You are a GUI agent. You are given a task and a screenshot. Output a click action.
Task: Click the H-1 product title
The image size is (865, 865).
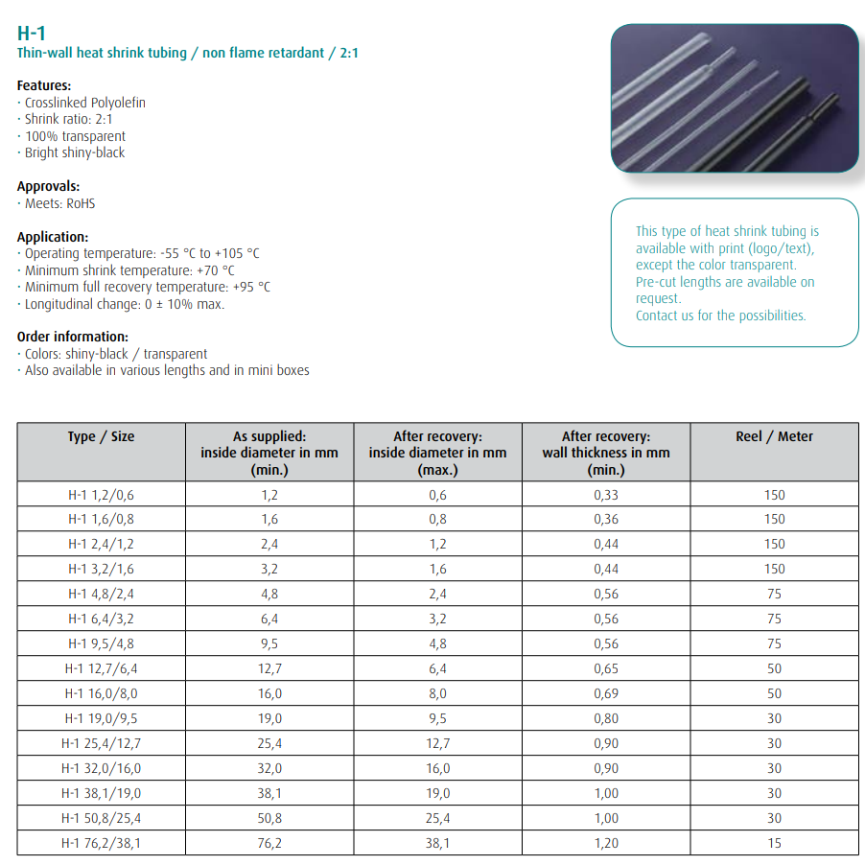pos(32,34)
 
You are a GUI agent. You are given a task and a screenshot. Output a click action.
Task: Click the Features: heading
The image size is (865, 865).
pos(44,85)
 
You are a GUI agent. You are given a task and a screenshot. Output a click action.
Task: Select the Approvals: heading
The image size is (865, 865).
pos(48,186)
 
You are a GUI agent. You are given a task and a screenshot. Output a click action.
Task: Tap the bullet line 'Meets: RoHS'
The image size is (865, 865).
pos(59,203)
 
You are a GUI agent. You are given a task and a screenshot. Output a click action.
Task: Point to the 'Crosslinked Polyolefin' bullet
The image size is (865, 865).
pos(84,103)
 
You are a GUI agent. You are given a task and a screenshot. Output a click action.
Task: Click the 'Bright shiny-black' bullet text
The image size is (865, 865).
pos(74,152)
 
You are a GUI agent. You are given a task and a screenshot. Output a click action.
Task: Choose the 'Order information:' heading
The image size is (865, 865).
pos(73,337)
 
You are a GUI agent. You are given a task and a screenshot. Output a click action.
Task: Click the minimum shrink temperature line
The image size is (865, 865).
pos(129,270)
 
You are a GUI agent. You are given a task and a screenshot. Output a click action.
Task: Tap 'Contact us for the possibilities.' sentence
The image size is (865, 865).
pos(720,316)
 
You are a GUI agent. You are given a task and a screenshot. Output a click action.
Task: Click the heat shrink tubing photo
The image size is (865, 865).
pos(735,97)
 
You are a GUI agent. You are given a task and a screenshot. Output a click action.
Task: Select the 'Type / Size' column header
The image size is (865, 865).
pos(101,436)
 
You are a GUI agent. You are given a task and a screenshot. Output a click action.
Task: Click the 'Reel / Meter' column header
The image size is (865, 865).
pos(774,436)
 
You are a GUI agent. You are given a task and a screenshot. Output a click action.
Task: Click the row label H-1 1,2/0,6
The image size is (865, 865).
pos(101,495)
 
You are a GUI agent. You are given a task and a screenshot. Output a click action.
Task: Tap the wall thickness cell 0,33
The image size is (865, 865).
pos(605,495)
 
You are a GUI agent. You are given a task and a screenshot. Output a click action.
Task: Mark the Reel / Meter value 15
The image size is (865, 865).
pos(774,843)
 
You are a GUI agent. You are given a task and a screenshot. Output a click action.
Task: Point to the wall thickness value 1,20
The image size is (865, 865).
pos(605,843)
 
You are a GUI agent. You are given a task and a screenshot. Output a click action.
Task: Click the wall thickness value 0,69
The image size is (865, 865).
pos(605,693)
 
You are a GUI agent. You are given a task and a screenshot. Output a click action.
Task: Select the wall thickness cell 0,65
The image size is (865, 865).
pos(605,668)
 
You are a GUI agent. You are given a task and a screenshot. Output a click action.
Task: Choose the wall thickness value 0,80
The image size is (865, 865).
pos(605,718)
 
